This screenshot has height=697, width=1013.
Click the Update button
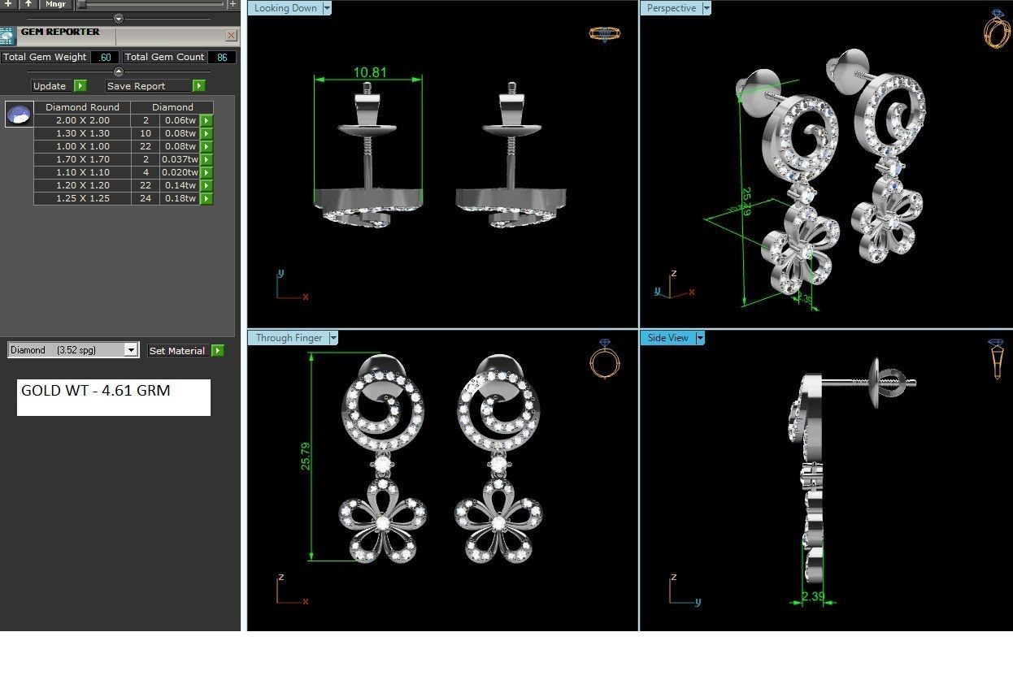pos(50,86)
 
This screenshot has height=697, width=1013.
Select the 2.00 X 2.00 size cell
pos(82,120)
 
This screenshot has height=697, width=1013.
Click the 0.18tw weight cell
pos(179,198)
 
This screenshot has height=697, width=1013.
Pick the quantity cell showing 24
pos(146,198)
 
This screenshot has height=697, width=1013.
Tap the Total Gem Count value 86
pos(222,58)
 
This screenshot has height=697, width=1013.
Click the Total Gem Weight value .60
pos(105,58)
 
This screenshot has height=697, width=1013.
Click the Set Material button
pos(176,351)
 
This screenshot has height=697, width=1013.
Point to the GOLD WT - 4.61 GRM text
pos(96,391)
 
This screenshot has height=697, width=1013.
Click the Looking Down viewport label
pos(285,8)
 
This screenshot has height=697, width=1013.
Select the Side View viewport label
pos(667,338)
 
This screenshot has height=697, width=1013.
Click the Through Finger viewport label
pos(289,338)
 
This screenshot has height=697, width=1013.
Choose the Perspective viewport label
pos(671,8)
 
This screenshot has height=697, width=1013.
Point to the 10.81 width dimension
pos(369,72)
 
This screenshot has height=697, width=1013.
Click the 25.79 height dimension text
pos(306,457)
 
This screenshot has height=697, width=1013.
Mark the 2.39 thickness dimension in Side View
pos(813,596)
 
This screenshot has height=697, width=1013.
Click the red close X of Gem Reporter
pos(232,36)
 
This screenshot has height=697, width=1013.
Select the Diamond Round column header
pos(82,107)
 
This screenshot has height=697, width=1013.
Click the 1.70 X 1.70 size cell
pos(82,159)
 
